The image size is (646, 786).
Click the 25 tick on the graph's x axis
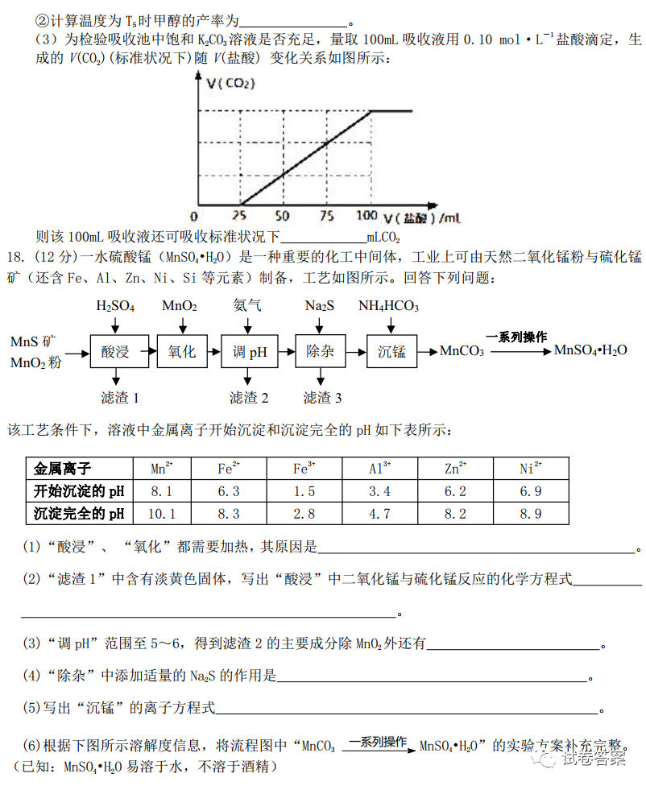coord(239,217)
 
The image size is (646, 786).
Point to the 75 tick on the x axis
coord(325,217)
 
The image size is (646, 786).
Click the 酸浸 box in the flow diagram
coord(116,352)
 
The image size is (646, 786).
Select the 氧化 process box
coord(182,352)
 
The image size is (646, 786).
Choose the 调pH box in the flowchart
coord(249,352)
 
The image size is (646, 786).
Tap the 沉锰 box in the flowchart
coord(392,352)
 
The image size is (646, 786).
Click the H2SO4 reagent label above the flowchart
coord(115,306)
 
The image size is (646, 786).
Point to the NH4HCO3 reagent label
coord(388,306)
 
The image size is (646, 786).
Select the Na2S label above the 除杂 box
coord(320,306)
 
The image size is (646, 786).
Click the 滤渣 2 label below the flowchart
coord(249,398)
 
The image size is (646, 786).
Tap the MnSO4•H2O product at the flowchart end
coord(590,350)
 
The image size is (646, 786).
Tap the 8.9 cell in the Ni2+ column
coord(531,513)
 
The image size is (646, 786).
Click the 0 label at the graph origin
coord(193,217)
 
